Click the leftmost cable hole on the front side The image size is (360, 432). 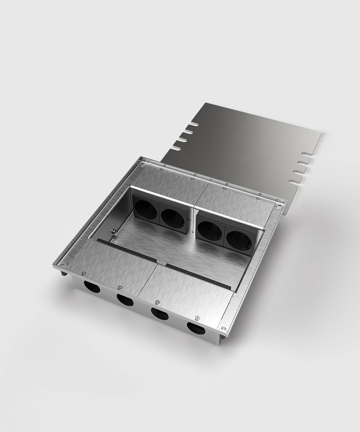click(x=90, y=287)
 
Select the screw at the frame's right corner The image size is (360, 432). click(x=279, y=206)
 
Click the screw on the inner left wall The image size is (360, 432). click(x=114, y=231)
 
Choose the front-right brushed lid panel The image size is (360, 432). click(x=187, y=291)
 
